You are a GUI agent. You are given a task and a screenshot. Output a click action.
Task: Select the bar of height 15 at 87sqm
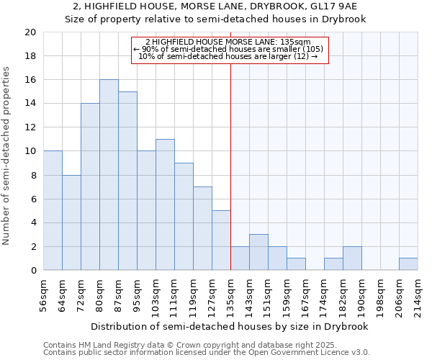pos(127,181)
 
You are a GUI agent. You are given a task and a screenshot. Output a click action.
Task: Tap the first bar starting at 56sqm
pos(53,210)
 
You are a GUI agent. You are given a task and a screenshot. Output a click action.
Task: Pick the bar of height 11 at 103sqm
pos(165,204)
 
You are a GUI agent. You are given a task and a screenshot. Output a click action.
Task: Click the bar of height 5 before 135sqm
pos(221,240)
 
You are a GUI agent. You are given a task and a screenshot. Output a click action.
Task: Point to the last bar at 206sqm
pos(408,264)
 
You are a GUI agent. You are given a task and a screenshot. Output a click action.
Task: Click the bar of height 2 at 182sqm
pos(352,258)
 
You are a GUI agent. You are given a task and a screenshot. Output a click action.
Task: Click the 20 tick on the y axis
pos(30,32)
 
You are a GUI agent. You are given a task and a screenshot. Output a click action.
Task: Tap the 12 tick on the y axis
pos(30,127)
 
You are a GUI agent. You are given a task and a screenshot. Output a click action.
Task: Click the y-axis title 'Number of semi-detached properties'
pos(7,155)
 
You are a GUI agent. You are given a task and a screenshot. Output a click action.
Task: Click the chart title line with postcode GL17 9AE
pos(216,6)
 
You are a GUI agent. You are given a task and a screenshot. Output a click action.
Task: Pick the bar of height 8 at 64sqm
pos(71,222)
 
